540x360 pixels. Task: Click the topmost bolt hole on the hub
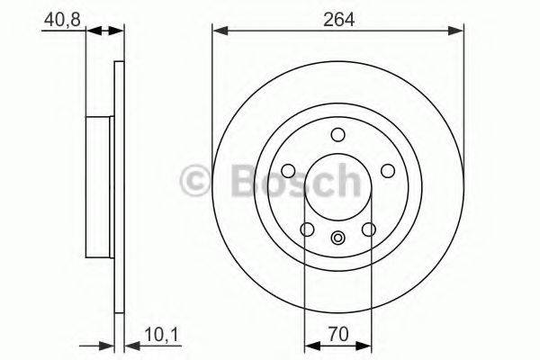coord(338,135)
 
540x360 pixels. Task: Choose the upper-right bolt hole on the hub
coord(389,171)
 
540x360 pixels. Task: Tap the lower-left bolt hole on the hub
coord(308,229)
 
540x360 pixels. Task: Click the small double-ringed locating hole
coord(338,238)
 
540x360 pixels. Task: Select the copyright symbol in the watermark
coord(197,180)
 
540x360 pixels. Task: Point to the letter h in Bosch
coord(345,180)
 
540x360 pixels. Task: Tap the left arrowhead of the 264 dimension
coord(219,31)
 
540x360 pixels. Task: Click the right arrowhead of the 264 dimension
coord(458,31)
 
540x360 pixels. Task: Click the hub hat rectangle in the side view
coord(99,184)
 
